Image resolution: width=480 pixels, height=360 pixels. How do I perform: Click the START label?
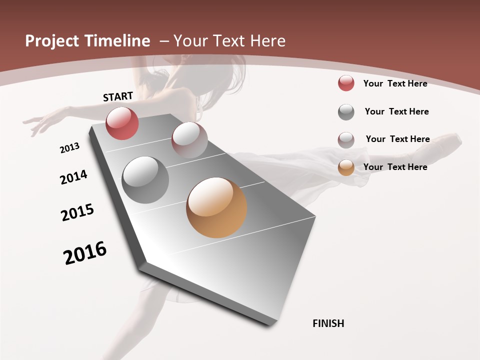[118, 96]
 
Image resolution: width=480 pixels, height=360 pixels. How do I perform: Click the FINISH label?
[328, 323]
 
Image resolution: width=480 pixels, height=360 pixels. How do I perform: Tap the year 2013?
[70, 148]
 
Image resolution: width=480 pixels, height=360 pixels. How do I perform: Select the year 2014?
[74, 177]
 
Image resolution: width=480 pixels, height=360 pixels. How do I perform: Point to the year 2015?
[77, 212]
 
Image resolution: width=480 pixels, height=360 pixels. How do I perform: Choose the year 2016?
[85, 253]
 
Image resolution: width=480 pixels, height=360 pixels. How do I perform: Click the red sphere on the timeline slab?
[122, 123]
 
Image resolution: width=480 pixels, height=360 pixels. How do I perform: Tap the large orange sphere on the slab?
[216, 207]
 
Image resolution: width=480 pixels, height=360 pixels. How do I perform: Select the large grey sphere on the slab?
[145, 180]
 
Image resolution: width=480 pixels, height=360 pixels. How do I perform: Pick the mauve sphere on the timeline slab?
[189, 140]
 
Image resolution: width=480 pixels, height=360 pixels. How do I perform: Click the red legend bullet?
[346, 83]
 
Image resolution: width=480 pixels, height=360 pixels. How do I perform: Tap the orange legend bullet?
[346, 167]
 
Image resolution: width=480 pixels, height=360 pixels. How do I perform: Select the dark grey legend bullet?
[346, 112]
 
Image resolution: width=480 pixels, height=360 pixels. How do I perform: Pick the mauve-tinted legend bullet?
[346, 140]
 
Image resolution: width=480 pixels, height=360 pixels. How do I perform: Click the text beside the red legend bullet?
[395, 83]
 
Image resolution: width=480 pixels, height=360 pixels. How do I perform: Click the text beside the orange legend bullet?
[395, 167]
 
